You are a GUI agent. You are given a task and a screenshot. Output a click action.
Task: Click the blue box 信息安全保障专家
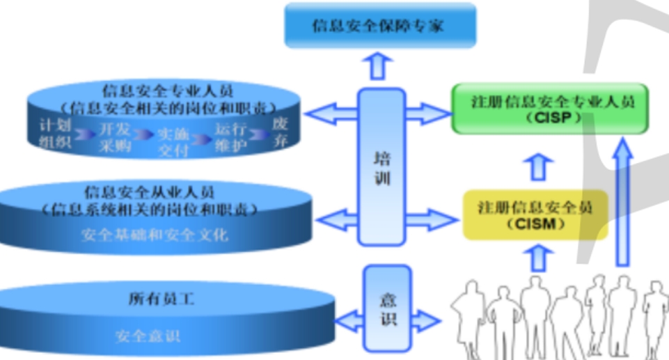click(x=380, y=26)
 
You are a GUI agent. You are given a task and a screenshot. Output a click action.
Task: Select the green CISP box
click(x=549, y=109)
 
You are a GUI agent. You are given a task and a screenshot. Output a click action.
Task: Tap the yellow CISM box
click(x=535, y=214)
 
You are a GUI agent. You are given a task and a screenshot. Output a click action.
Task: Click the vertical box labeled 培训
click(x=381, y=167)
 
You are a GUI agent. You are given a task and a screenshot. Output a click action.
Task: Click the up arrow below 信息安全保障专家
click(x=379, y=67)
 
